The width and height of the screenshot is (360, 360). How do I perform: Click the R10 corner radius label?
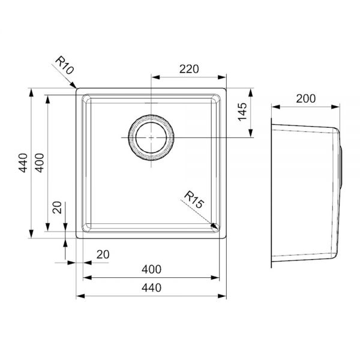65,65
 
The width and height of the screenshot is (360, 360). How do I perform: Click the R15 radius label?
194,200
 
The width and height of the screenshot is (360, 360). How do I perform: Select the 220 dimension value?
189,69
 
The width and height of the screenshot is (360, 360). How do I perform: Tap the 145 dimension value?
242,112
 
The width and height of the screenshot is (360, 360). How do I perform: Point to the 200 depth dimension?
306,98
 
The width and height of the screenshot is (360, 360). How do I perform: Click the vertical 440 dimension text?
23,163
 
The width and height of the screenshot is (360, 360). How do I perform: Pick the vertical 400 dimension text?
39,163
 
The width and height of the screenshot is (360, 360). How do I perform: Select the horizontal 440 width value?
152,287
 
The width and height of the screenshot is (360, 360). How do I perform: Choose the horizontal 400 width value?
152,269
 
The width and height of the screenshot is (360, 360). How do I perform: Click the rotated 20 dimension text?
57,208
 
